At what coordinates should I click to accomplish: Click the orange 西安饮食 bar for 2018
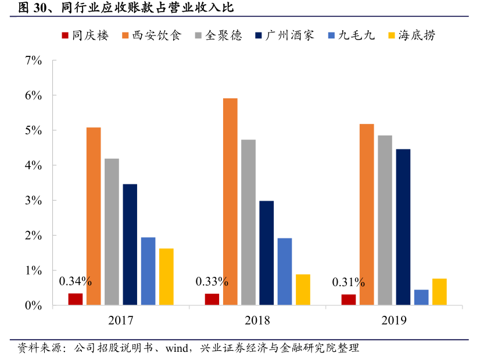coord(230,201)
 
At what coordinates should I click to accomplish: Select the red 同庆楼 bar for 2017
coord(76,299)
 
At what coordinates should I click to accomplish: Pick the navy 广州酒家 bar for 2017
coord(130,244)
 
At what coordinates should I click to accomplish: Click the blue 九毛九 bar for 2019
coord(421,297)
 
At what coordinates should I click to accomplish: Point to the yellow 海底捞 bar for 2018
coord(303,290)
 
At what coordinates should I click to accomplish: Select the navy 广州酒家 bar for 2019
coord(403,227)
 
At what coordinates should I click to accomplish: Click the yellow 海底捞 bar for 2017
coord(166,276)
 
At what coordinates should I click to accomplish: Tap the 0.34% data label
coord(76,282)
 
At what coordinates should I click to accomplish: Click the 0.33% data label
coord(212,282)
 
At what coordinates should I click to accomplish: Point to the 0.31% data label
coord(348,283)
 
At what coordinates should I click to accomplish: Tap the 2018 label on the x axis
coord(257,320)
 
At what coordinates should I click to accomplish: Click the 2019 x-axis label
coord(394,320)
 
